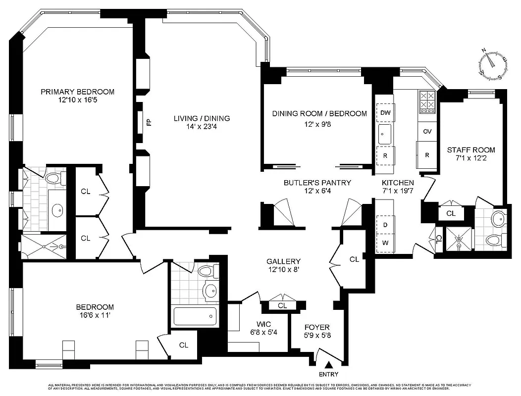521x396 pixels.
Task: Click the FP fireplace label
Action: [x=148, y=122]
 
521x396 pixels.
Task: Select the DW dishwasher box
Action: [x=385, y=113]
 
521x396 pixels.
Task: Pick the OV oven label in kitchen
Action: [x=427, y=132]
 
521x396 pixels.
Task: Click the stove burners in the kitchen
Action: [x=427, y=101]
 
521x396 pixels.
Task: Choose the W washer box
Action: [x=385, y=243]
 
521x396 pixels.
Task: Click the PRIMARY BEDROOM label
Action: [x=77, y=92]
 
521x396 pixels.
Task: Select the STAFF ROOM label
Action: [x=470, y=150]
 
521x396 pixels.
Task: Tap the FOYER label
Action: [x=317, y=328]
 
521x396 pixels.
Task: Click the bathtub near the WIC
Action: [x=195, y=316]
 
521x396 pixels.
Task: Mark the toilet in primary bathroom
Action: [x=52, y=177]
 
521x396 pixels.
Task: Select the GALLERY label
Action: [x=283, y=261]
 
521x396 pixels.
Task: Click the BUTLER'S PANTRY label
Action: [x=317, y=183]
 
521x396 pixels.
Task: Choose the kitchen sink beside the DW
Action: [x=384, y=132]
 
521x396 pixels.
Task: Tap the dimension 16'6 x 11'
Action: [x=95, y=316]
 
